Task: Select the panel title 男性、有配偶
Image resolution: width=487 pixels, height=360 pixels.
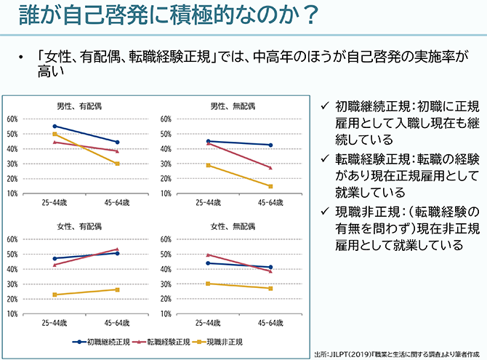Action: [x=79, y=106]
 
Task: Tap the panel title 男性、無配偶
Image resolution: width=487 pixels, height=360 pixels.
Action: [x=233, y=106]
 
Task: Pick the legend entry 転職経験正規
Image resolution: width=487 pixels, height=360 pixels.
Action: [x=166, y=342]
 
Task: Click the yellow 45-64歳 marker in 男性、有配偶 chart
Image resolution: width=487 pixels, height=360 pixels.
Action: [x=117, y=164]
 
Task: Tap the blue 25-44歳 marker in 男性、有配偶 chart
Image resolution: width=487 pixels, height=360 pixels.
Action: [x=55, y=126]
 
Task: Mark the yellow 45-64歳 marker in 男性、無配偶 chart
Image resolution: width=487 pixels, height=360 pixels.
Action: [x=270, y=186]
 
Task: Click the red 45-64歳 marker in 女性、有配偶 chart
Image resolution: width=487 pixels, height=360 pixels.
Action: [x=117, y=249]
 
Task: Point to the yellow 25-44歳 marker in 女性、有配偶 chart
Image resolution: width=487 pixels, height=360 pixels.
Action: [x=55, y=295]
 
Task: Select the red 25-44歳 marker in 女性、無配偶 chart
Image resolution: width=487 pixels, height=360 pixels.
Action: [x=209, y=255]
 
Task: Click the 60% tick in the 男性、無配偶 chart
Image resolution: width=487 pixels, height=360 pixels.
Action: [x=165, y=119]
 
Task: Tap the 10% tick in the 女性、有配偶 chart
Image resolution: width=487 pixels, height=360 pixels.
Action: [x=12, y=314]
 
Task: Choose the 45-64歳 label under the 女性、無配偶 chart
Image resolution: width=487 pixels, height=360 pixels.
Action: [x=271, y=323]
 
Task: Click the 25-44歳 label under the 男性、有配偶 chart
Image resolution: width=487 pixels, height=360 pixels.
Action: [x=55, y=203]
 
